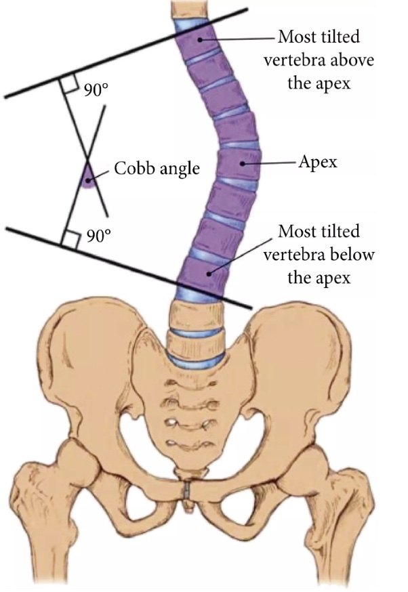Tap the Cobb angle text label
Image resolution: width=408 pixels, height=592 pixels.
click(x=157, y=168)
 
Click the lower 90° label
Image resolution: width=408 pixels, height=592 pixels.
click(x=99, y=236)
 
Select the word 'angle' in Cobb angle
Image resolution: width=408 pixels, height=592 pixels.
click(x=178, y=169)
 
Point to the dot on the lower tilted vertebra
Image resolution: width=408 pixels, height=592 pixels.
click(x=209, y=272)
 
